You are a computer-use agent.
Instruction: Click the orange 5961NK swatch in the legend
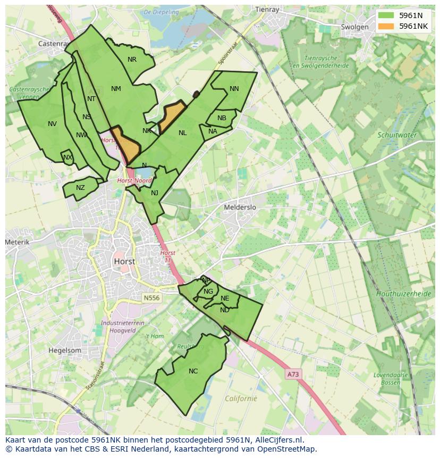386,26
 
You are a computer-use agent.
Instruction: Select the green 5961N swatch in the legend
386,15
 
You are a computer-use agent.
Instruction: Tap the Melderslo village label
240,207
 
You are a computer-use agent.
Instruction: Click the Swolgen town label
354,27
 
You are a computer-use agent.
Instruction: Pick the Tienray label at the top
267,9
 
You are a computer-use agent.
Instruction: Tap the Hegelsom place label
65,351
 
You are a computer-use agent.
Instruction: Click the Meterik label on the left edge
18,242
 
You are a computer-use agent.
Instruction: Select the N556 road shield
151,298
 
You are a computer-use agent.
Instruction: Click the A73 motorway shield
292,374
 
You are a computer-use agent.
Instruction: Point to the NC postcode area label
193,371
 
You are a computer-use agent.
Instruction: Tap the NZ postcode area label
80,188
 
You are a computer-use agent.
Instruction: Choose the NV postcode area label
52,124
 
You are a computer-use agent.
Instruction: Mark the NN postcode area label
234,89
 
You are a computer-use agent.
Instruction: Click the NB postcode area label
222,118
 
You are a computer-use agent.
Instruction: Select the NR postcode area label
132,60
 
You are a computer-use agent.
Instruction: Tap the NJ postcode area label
155,193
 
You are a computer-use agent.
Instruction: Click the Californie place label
241,398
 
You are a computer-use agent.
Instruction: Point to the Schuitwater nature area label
397,135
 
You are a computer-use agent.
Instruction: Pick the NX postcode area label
67,157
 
